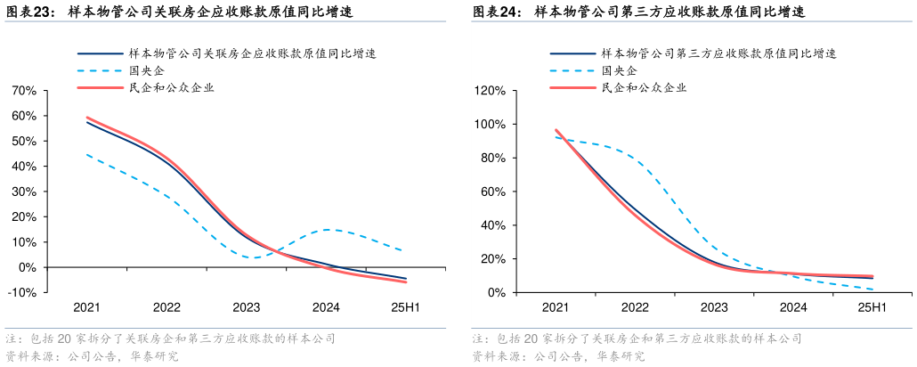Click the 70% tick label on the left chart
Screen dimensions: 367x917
(24, 91)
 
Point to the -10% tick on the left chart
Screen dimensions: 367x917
(22, 292)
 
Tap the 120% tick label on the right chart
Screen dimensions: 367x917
(490, 91)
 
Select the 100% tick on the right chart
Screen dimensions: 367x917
(490, 125)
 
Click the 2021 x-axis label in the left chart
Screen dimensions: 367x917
(86, 307)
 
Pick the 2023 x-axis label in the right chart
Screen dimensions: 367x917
(713, 307)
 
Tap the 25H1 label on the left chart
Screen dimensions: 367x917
(406, 307)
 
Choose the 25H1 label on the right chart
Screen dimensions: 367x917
(872, 307)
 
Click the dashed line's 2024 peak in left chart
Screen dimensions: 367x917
(328, 230)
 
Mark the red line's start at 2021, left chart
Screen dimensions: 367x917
(86, 118)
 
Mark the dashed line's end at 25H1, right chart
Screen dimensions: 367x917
(872, 289)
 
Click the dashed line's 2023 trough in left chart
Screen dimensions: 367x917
(254, 257)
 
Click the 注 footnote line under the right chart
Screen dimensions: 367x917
(637, 339)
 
